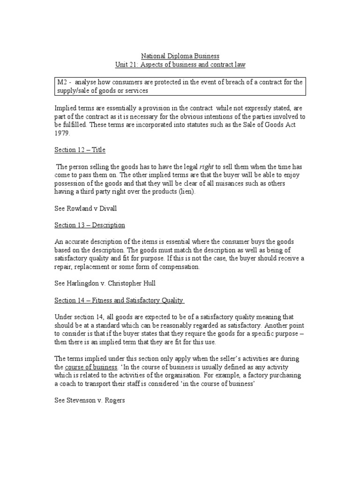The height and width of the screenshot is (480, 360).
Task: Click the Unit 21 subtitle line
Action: coord(180,65)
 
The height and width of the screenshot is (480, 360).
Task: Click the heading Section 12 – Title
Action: coord(80,150)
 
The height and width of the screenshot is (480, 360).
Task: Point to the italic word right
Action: coord(207,167)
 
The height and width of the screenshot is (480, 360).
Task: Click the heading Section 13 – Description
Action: coord(90,225)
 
